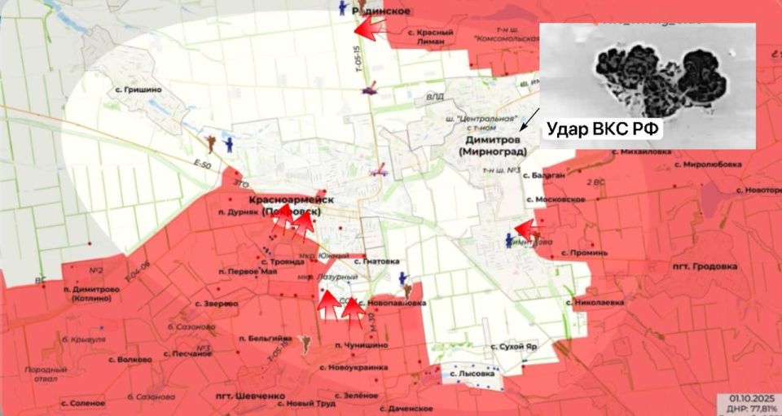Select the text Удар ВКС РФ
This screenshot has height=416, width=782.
point(604,129)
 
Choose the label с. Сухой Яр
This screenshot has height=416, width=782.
point(513,345)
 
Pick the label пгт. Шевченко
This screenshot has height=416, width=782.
point(251,396)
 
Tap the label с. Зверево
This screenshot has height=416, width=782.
point(217,303)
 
